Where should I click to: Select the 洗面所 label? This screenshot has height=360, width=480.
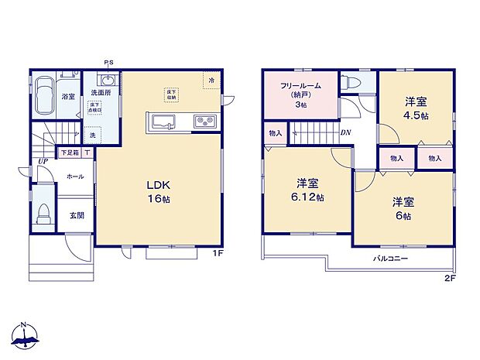96,92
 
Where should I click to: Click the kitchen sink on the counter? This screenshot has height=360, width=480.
165,121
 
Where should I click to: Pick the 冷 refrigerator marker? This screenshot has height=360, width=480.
211,78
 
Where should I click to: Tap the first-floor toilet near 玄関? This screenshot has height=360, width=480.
43,211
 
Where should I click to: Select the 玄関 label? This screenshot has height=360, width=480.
77,214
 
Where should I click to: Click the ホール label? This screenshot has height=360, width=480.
75,176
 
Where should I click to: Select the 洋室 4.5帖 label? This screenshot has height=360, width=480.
415,108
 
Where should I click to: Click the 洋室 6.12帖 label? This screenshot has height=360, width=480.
308,190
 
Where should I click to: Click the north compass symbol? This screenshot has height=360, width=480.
26,335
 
